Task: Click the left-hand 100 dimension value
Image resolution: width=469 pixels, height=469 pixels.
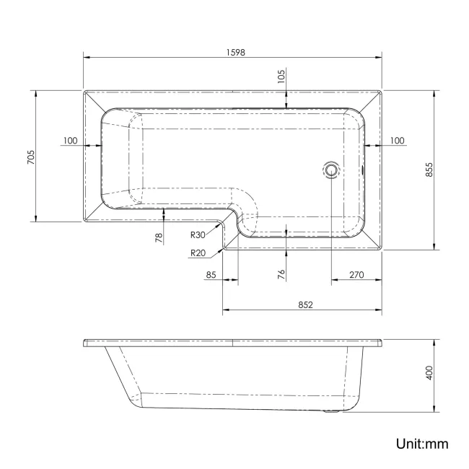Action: click(70, 140)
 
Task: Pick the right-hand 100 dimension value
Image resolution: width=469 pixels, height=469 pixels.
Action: click(396, 140)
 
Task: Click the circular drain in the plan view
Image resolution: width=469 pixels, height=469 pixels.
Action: click(331, 170)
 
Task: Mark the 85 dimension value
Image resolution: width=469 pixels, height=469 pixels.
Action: click(211, 275)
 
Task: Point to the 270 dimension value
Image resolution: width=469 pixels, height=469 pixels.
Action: click(356, 275)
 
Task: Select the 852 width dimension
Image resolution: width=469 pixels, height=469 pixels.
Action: click(304, 304)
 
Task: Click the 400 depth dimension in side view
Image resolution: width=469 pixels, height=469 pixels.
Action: click(428, 374)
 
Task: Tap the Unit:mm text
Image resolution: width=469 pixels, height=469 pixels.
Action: click(421, 443)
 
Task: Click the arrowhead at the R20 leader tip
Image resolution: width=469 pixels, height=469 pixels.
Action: click(226, 244)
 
